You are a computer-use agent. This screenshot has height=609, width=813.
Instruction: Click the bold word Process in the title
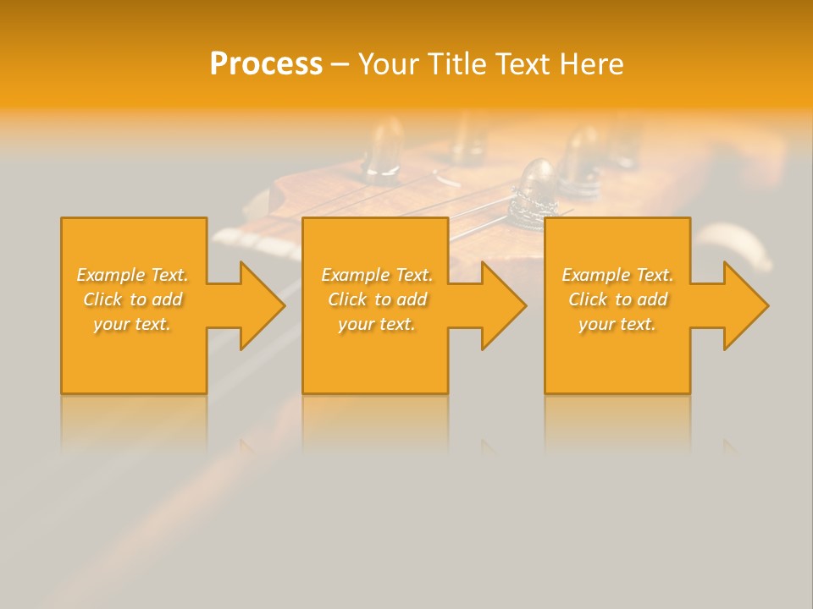tap(266, 63)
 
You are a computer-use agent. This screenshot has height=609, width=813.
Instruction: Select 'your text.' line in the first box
tap(133, 323)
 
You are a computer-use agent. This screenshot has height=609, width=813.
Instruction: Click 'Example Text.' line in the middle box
tap(377, 275)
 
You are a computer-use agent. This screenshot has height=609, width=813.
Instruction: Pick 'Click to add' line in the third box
tap(617, 299)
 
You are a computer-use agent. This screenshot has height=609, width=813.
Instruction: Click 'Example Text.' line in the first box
tap(133, 275)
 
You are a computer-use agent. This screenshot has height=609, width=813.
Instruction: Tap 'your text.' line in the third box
tap(617, 323)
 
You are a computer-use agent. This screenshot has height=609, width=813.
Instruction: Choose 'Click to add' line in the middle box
tap(377, 299)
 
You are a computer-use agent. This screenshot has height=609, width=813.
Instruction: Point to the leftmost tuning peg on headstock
tap(384, 152)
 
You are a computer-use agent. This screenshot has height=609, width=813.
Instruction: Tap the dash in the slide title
tap(340, 64)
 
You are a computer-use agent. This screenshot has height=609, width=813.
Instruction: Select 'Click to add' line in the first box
tap(133, 299)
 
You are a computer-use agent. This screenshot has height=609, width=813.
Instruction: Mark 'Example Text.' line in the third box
tap(617, 275)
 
